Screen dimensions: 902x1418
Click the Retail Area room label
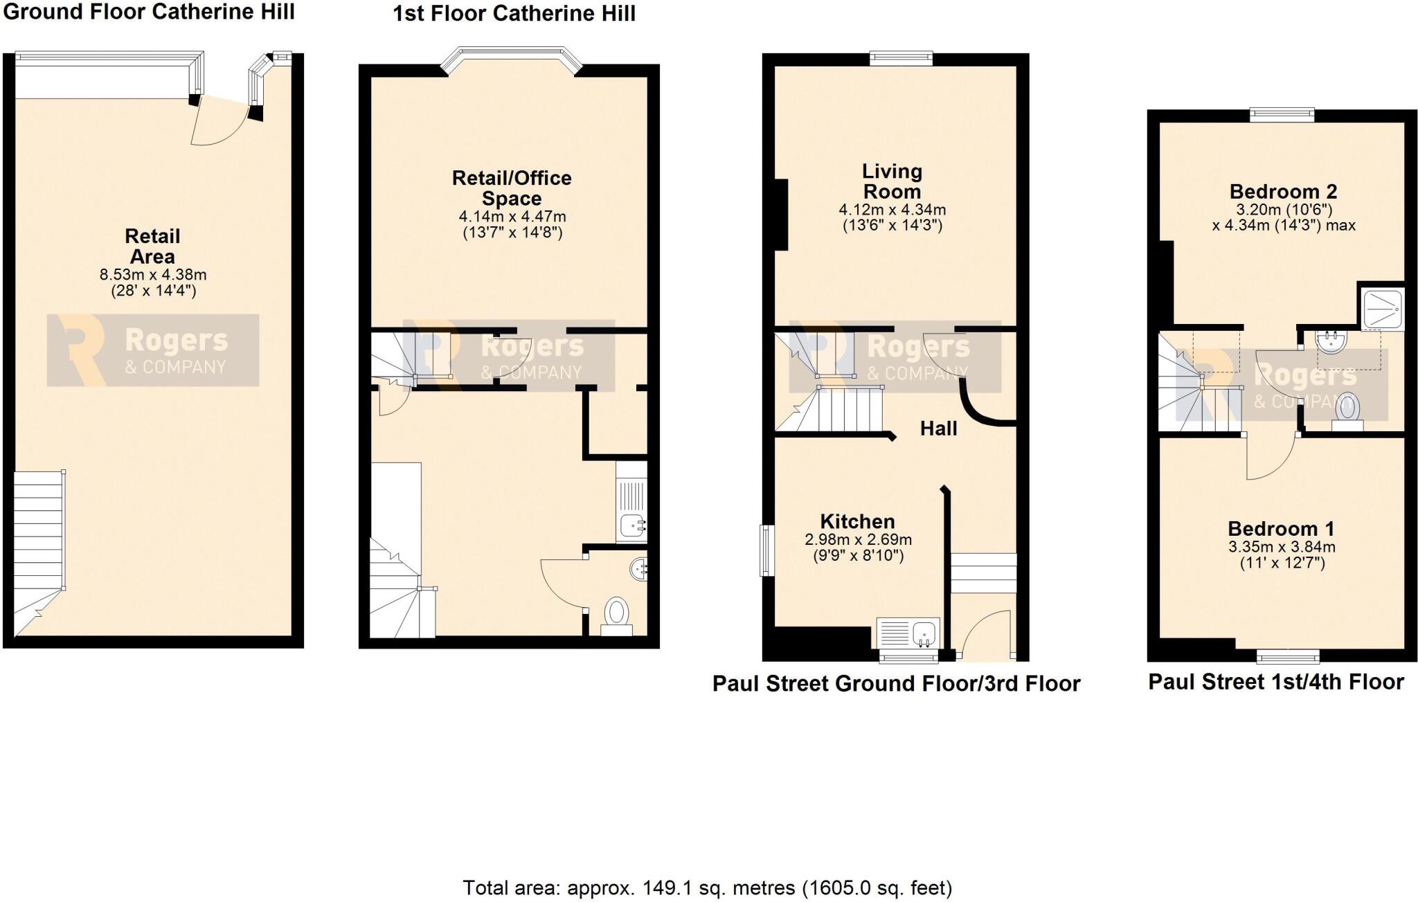pyautogui.click(x=152, y=246)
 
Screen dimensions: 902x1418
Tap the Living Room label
pyautogui.click(x=891, y=181)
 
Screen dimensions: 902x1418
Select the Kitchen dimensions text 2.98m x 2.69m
pyautogui.click(x=858, y=539)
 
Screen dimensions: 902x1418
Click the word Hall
pyautogui.click(x=938, y=429)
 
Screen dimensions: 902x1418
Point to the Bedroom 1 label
pyautogui.click(x=1281, y=528)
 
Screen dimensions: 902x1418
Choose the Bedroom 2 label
pyautogui.click(x=1283, y=191)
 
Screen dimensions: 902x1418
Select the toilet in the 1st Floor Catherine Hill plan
pyautogui.click(x=616, y=615)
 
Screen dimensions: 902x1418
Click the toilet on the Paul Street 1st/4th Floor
pyautogui.click(x=1347, y=410)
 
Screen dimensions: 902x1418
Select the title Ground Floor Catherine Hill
pyautogui.click(x=149, y=12)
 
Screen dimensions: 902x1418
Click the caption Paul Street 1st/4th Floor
pyautogui.click(x=1275, y=682)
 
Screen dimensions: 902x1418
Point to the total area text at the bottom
pyautogui.click(x=707, y=887)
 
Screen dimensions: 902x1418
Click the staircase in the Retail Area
pyautogui.click(x=39, y=547)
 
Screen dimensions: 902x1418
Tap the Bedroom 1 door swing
pyautogui.click(x=1271, y=457)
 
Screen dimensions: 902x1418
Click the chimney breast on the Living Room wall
pyautogui.click(x=780, y=215)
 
